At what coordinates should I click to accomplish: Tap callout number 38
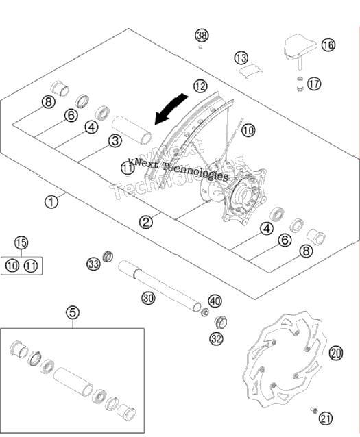coord(202,36)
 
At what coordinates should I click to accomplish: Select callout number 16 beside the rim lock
coord(328,45)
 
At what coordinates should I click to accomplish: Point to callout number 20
coord(336,353)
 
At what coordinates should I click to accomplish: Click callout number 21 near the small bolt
coord(326,419)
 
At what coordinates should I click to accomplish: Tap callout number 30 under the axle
coord(148,298)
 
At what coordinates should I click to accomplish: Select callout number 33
coord(93,264)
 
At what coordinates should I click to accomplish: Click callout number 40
coord(215,301)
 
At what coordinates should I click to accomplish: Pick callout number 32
coord(217,338)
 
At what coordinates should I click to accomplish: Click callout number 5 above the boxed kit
coord(73,312)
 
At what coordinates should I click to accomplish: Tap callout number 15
coord(21,242)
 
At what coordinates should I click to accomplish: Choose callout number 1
coord(51,201)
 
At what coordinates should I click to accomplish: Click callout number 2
coord(146,222)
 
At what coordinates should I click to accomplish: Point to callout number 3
coord(115,140)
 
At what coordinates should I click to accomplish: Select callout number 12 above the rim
coord(200,86)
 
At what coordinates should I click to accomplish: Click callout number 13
coord(241,58)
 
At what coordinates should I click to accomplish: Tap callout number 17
coord(314,84)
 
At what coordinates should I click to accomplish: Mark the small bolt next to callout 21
coord(313,410)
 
